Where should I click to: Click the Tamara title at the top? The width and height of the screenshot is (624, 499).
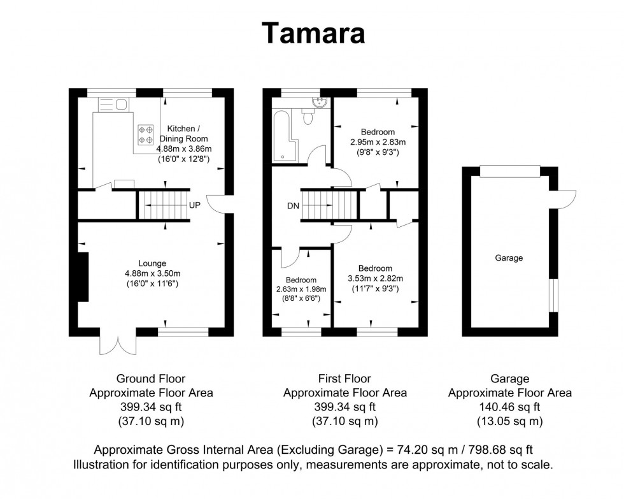(314, 33)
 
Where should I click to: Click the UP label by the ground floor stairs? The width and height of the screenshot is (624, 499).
(195, 206)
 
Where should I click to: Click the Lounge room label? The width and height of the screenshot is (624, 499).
(152, 263)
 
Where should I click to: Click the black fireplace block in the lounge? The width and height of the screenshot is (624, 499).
(82, 276)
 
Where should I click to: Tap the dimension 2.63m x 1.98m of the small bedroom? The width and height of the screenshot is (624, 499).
(301, 289)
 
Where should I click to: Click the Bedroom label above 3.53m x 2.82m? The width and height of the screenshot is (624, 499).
(374, 268)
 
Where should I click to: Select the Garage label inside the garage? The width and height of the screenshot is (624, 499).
(509, 258)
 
